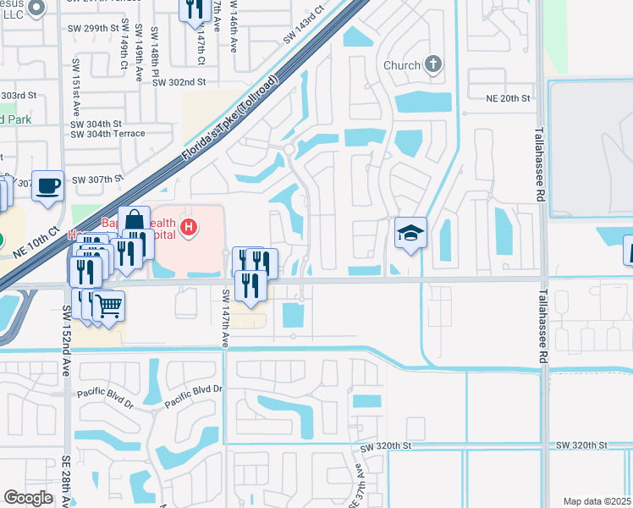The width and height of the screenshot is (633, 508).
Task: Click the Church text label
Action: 401,65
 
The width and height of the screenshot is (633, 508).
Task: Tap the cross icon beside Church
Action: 432,64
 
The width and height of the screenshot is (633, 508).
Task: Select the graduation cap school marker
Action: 410,232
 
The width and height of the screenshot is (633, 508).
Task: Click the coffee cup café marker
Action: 48,183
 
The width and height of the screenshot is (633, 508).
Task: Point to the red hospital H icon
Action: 190,227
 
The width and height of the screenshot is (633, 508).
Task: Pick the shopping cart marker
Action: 108,305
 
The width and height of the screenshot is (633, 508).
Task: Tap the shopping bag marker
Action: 134,221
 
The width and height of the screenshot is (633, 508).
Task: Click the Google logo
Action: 28,498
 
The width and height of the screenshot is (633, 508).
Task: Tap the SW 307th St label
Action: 98,179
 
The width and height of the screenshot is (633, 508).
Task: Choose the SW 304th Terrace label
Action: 107,134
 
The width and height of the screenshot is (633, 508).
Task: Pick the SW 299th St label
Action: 95,28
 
